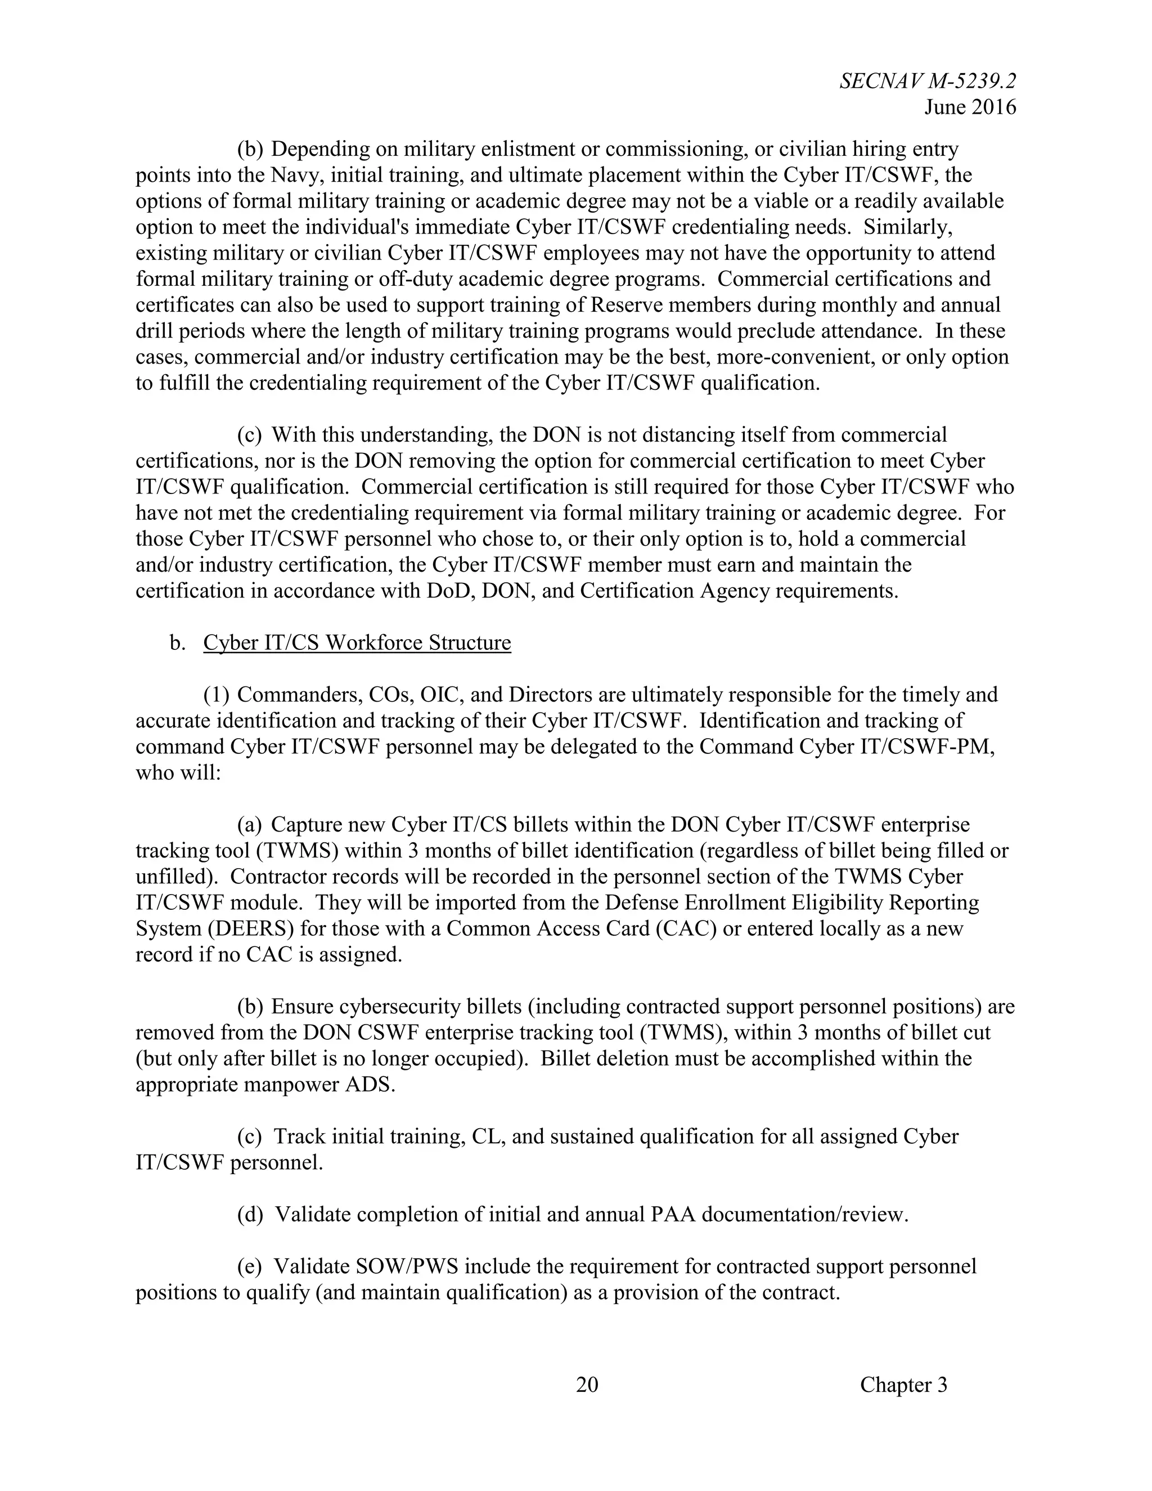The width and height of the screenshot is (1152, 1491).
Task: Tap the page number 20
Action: click(x=587, y=1384)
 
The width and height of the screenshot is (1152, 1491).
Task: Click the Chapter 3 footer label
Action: click(x=903, y=1384)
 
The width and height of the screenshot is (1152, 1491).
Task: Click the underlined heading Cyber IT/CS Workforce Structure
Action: click(x=357, y=643)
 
